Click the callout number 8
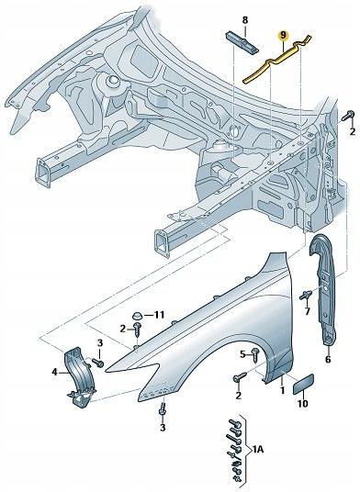coord(245,19)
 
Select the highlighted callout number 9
coord(285,38)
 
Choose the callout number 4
coord(54,372)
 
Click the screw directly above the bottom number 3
coord(163,408)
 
